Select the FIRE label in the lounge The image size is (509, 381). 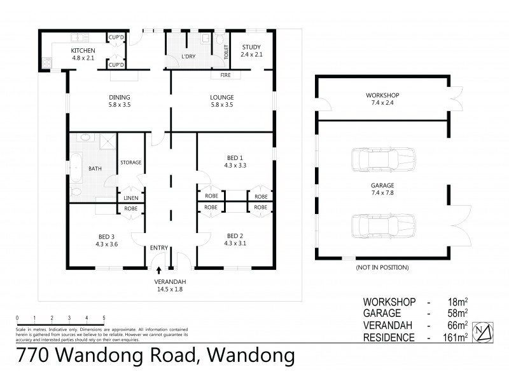(225, 75)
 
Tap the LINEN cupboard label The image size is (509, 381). (130, 198)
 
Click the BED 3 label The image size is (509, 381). (107, 238)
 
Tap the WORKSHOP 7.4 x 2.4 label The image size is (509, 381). (382, 99)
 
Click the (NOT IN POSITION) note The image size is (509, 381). (382, 268)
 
